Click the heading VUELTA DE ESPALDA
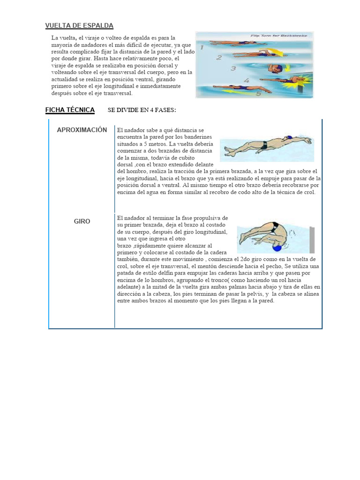click(79, 25)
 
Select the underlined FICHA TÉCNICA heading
click(70, 110)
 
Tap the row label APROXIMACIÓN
click(82, 130)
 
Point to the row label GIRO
click(82, 221)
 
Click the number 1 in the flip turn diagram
click(202, 47)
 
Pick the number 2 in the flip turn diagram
click(218, 58)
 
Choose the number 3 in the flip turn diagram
click(233, 68)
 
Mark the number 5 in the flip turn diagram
click(259, 93)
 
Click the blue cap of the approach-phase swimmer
click(289, 138)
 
